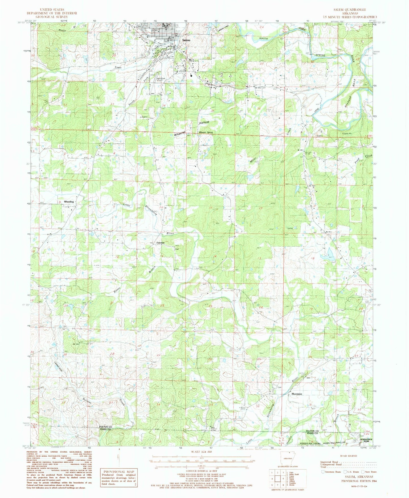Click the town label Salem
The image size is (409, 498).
186,40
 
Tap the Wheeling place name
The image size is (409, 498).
69,202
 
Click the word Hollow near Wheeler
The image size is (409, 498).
204,122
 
